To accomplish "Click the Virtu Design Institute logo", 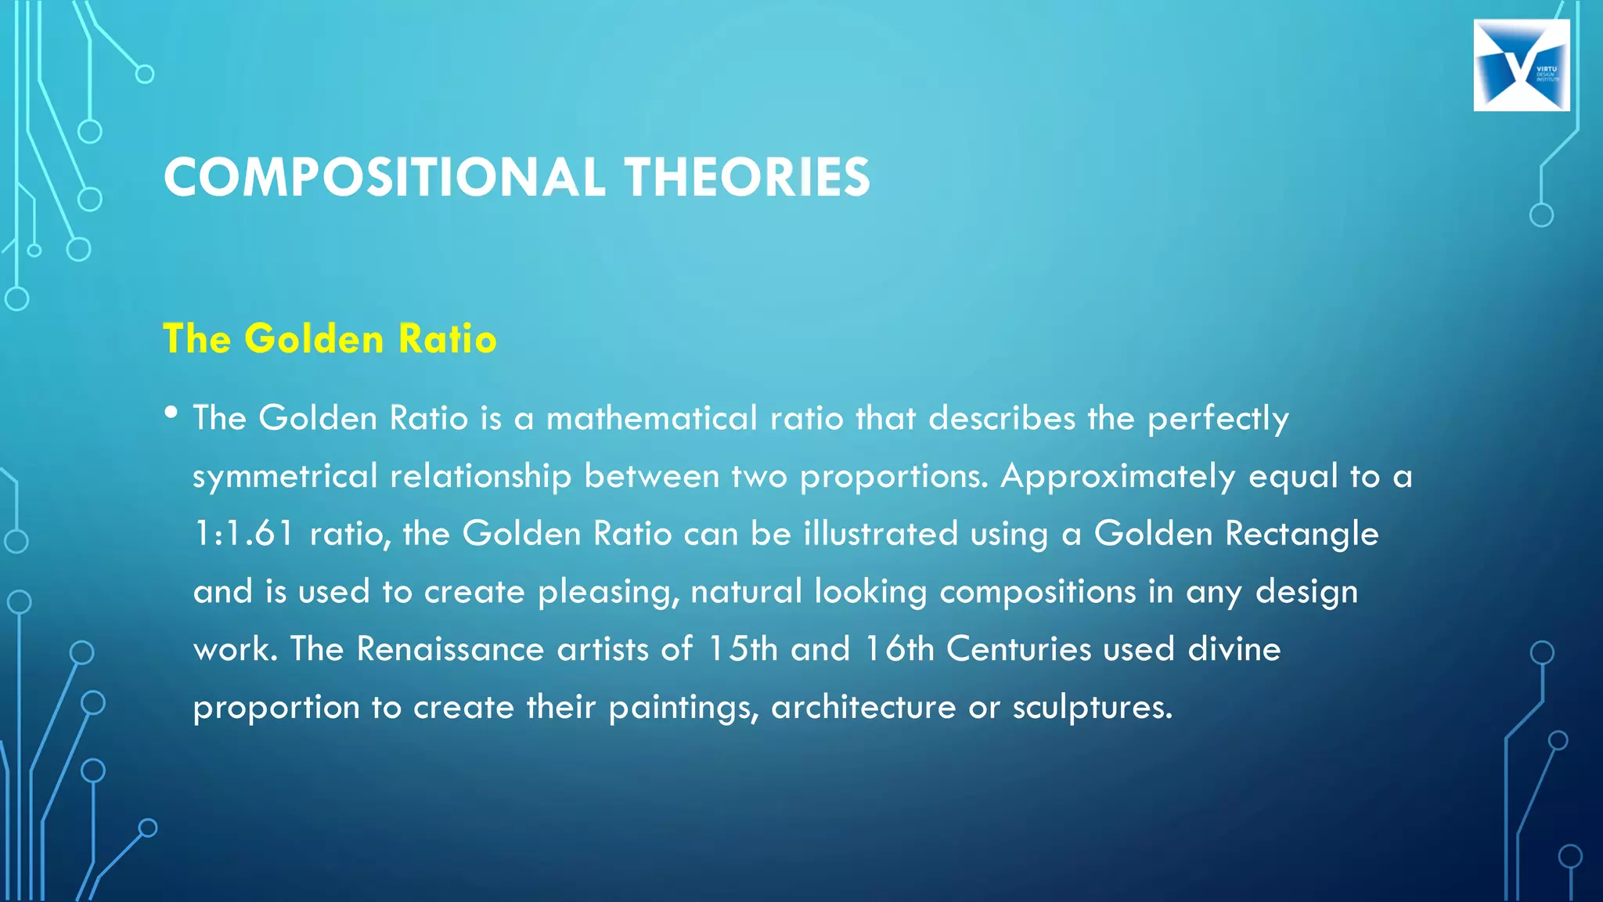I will coord(1521,65).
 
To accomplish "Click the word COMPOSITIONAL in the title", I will coord(384,177).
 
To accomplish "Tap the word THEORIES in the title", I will coord(747,177).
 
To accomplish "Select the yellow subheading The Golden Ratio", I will coord(330,339).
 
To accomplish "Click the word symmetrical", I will coord(285,477).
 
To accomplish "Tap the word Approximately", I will coord(1118,477).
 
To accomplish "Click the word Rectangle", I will coord(1301,534).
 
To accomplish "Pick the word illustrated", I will coord(881,534).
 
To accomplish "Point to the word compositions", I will coord(1037,592).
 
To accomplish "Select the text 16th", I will coord(899,649).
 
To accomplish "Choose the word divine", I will coord(1234,649).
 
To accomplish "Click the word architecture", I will coord(863,707).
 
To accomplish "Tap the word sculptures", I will coord(1092,707).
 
